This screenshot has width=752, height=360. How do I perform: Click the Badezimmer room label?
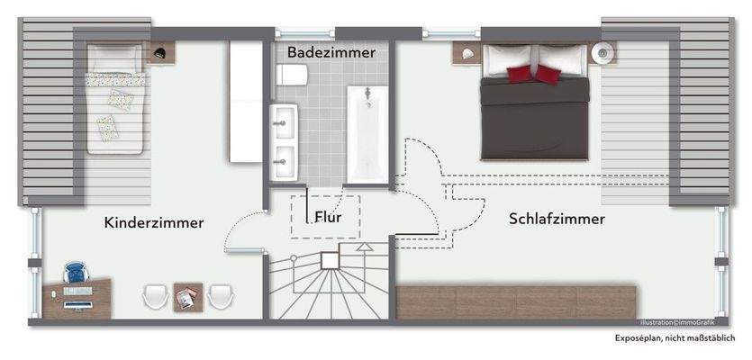tap(331, 53)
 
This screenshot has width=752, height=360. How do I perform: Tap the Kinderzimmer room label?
tap(154, 222)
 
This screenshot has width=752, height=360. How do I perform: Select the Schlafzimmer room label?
tap(557, 219)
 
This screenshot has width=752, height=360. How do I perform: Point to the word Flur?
tap(327, 217)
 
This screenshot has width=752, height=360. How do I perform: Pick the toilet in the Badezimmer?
tap(294, 79)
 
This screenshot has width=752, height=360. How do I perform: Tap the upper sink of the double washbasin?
tap(285, 118)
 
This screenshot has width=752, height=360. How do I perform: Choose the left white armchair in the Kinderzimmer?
tap(155, 296)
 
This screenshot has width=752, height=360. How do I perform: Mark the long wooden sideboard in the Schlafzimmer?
tap(517, 300)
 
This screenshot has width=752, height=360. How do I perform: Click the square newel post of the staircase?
tap(330, 260)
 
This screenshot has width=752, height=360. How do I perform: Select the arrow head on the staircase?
tap(364, 246)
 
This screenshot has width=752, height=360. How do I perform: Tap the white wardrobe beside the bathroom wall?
tap(245, 101)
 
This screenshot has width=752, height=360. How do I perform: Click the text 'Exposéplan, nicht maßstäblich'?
tap(675, 338)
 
